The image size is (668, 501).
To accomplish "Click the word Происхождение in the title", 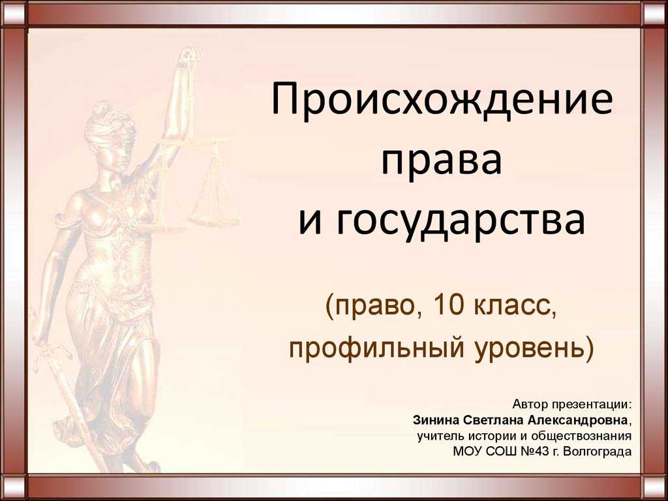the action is tap(442, 101).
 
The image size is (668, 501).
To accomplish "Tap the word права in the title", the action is tap(442, 161).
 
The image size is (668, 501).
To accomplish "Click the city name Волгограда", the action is tap(597, 451).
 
